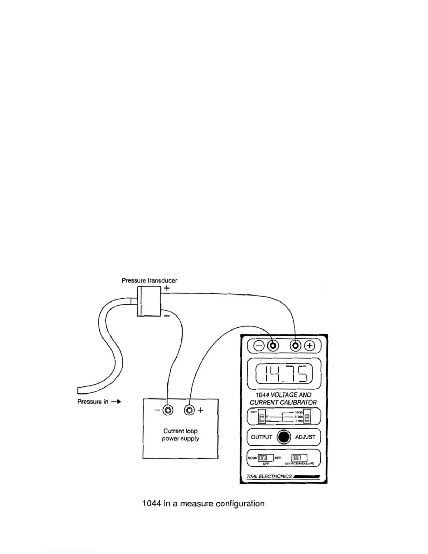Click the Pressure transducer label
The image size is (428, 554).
pos(149,280)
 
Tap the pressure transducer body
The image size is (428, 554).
pos(149,301)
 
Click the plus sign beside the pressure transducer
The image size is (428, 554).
pos(167,289)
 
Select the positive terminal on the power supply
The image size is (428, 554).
pos(190,410)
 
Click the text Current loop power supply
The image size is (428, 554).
pos(180,435)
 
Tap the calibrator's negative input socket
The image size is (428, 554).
pos(273,346)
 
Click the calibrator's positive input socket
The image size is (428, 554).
pos(296,346)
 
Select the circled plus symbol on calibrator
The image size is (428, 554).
pos(309,346)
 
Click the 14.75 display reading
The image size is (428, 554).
pos(284,374)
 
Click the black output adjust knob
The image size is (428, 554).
pos(284,437)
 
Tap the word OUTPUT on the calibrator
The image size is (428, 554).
pos(262,437)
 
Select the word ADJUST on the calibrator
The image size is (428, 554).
pos(305,437)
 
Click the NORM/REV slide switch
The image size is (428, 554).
pos(263,458)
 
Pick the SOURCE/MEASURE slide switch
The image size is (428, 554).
pos(299,458)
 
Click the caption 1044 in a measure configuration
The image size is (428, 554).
pos(204,504)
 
